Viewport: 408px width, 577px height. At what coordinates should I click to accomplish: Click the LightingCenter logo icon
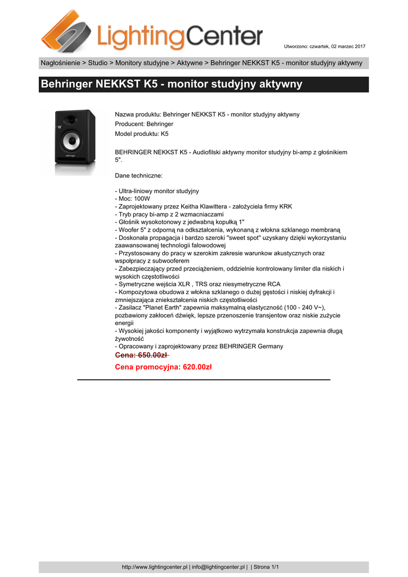[x=65, y=31]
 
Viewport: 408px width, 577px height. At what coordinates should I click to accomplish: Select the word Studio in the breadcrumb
[x=97, y=63]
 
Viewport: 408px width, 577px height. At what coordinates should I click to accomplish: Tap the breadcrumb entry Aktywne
[x=190, y=63]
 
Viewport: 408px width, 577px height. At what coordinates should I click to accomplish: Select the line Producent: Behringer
[x=144, y=124]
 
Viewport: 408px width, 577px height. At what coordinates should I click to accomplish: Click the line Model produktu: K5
[x=141, y=134]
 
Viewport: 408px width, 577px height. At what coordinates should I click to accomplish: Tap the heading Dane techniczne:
[x=138, y=176]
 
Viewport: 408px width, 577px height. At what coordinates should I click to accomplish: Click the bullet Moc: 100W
[x=132, y=199]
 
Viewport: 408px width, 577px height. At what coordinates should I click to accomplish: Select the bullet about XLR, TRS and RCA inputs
[x=198, y=285]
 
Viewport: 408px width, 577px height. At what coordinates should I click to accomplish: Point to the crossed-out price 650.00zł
[x=141, y=355]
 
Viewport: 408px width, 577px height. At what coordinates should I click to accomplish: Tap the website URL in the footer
[x=155, y=567]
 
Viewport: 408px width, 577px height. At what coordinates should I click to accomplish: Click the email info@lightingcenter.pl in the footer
[x=218, y=567]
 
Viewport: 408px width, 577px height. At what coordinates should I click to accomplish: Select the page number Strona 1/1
[x=266, y=567]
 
